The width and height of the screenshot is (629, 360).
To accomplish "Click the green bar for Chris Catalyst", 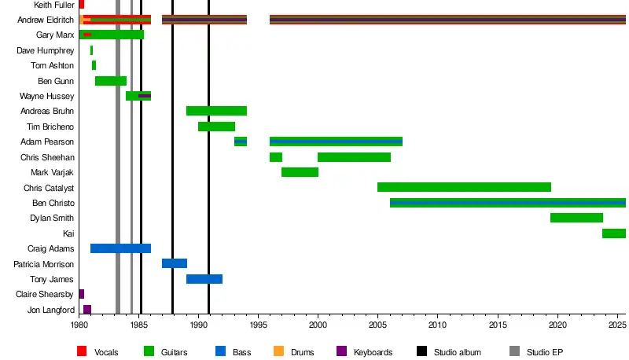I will pyautogui.click(x=464, y=187).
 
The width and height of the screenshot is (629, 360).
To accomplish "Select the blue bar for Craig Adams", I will pyautogui.click(x=120, y=248).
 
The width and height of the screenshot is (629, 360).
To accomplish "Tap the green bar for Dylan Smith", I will pyautogui.click(x=576, y=218).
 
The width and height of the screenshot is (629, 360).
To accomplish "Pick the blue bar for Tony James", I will pyautogui.click(x=204, y=279).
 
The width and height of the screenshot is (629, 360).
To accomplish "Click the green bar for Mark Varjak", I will pyautogui.click(x=300, y=172).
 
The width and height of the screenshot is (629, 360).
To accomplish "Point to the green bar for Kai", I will pyautogui.click(x=613, y=233).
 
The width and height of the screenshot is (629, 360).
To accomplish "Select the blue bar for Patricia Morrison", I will pyautogui.click(x=175, y=263).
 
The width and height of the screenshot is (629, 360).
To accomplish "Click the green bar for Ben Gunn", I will pyautogui.click(x=111, y=81).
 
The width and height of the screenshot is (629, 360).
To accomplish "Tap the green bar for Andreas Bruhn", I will pyautogui.click(x=216, y=111).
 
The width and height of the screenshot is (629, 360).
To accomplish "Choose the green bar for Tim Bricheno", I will pyautogui.click(x=216, y=127).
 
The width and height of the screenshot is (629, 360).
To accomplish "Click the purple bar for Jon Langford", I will pyautogui.click(x=87, y=310).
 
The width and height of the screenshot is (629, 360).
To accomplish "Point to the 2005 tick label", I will pyautogui.click(x=377, y=324).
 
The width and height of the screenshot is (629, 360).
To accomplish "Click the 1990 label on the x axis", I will pyautogui.click(x=198, y=324).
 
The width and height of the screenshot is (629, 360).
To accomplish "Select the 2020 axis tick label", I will pyautogui.click(x=557, y=324).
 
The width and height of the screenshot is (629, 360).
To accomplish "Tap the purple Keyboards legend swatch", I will pyautogui.click(x=340, y=351).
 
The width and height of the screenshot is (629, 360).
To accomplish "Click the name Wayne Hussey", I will pyautogui.click(x=47, y=96).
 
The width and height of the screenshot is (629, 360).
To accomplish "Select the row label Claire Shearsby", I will pyautogui.click(x=45, y=295).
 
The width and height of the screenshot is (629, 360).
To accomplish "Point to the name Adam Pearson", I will pyautogui.click(x=48, y=141).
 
